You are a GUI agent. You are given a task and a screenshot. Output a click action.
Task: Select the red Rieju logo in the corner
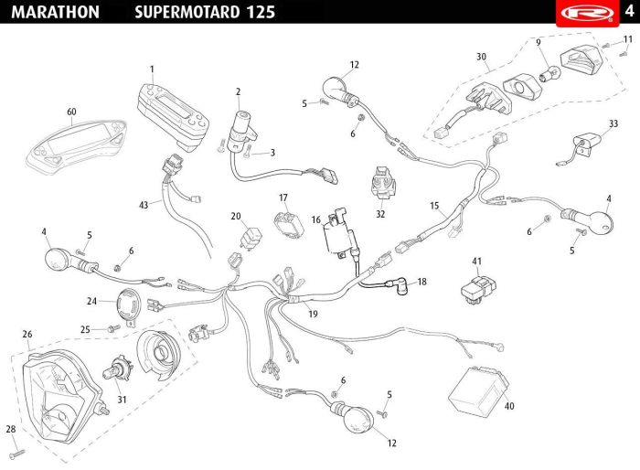point(578,12)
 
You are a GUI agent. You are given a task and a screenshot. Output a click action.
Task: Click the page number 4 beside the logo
point(629,11)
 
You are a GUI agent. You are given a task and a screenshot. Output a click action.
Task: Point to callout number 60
point(71,112)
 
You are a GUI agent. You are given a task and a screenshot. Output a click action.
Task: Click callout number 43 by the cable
point(143,205)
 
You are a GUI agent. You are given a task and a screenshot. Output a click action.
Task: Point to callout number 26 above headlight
point(27,334)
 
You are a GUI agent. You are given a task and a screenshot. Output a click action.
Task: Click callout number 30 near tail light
point(481,57)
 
